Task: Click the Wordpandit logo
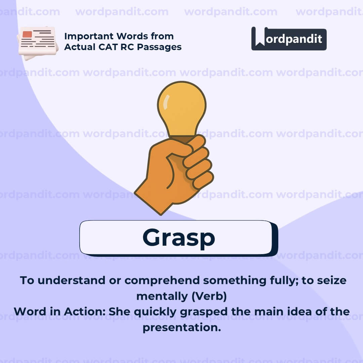coord(289,39)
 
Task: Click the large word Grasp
coord(178,238)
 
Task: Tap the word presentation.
coord(182,327)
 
